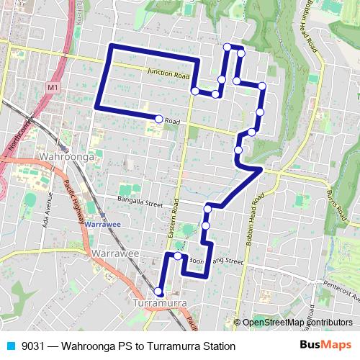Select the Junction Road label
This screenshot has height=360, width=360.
click(x=167, y=73)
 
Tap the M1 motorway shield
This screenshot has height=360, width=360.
click(x=53, y=87)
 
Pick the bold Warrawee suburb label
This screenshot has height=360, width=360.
click(x=115, y=254)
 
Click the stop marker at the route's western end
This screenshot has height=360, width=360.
click(x=158, y=118)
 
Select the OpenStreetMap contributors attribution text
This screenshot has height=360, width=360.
click(x=297, y=323)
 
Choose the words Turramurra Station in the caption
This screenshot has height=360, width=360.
click(x=190, y=346)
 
